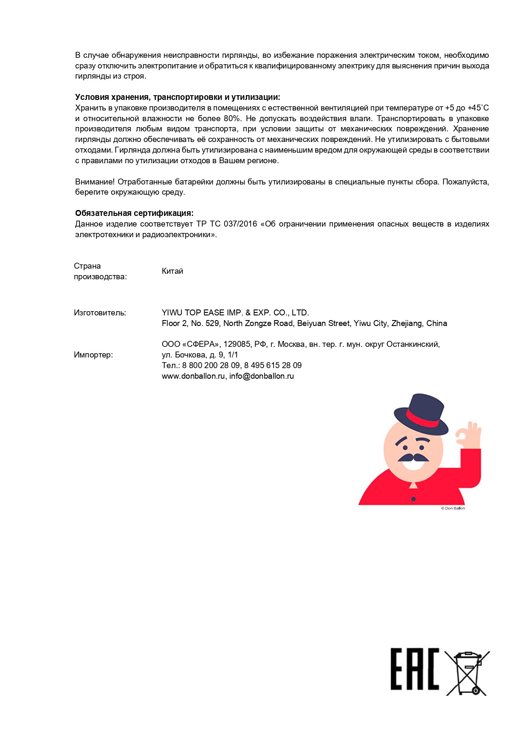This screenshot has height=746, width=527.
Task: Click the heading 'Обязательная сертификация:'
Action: click(x=134, y=213)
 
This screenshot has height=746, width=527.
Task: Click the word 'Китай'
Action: click(x=172, y=271)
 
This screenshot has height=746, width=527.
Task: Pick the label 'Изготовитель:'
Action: click(x=100, y=313)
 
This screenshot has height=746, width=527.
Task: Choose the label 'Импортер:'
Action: click(x=93, y=355)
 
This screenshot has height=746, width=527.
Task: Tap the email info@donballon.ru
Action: click(x=262, y=376)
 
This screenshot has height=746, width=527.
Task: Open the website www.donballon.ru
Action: click(x=193, y=376)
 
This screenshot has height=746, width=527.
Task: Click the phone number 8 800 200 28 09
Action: click(x=211, y=366)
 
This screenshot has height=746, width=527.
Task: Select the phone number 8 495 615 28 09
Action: click(x=273, y=366)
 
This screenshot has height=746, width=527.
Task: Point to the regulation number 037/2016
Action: click(x=242, y=224)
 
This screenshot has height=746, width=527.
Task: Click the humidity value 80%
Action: click(x=232, y=119)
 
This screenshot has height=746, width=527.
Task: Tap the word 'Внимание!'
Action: click(x=95, y=182)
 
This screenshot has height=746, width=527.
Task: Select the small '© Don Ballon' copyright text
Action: click(x=453, y=508)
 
